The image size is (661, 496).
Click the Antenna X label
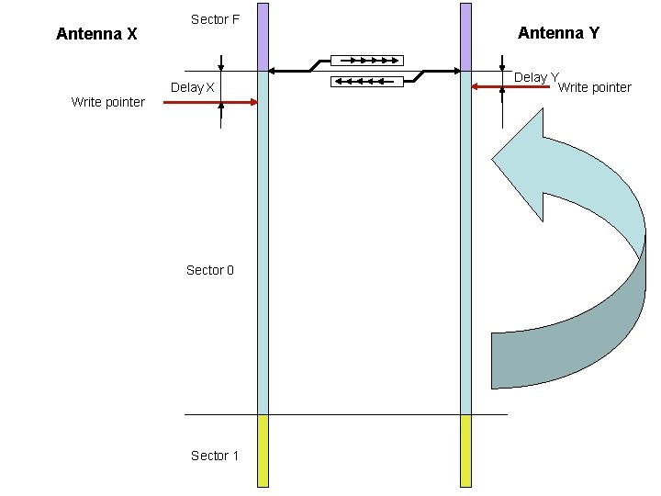[x=96, y=34]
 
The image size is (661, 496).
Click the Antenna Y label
[x=558, y=33]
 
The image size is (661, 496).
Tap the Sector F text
[x=216, y=18]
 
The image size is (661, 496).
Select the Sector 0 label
[x=210, y=270]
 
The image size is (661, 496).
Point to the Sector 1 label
[x=215, y=456]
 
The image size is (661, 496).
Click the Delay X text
[x=193, y=88]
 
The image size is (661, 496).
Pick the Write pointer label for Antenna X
[x=108, y=102]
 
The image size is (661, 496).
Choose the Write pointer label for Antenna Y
[x=595, y=87]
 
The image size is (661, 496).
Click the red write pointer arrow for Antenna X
[x=211, y=104]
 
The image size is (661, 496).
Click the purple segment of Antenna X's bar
[x=263, y=37]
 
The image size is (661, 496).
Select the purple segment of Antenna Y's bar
[x=465, y=37]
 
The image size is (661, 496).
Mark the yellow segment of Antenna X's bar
[x=263, y=450]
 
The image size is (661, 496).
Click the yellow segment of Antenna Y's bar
[x=465, y=450]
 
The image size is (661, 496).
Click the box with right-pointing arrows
[x=366, y=61]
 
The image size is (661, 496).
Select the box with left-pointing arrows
[x=366, y=82]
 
